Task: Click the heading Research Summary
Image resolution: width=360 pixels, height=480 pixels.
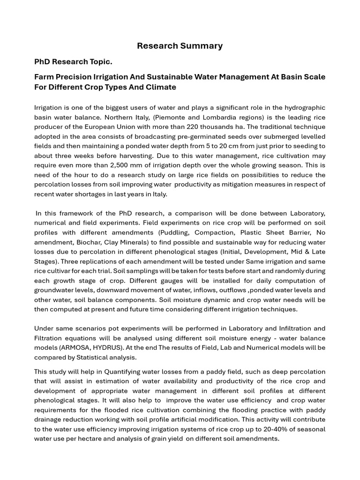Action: pos(180,46)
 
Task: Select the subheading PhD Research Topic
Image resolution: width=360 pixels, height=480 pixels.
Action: pos(73,62)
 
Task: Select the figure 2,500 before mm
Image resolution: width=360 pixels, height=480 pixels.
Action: pos(156,165)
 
